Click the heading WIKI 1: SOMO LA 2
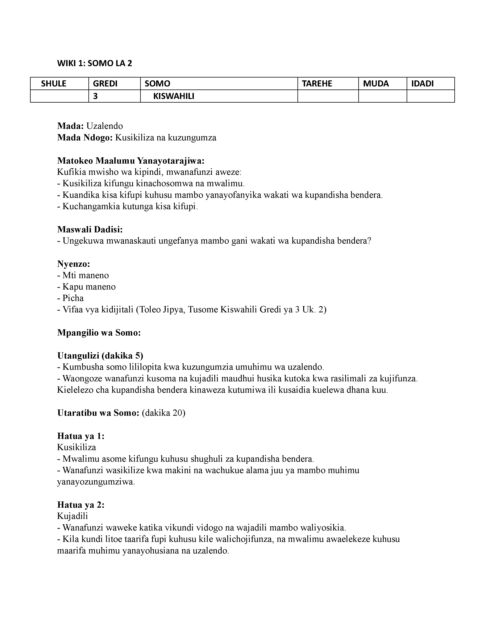pos(95,63)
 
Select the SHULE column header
pos(53,84)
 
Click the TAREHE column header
pos(317,84)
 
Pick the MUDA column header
pos(376,84)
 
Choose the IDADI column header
pos(422,84)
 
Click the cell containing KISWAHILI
pos(173,96)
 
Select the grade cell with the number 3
pos(95,96)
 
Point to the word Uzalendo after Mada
pos(105,126)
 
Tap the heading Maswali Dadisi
pos(90,229)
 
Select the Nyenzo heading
pos(74,264)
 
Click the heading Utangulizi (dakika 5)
pos(100,356)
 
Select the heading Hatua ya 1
pos(81,436)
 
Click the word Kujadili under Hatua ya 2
pos(72,516)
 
